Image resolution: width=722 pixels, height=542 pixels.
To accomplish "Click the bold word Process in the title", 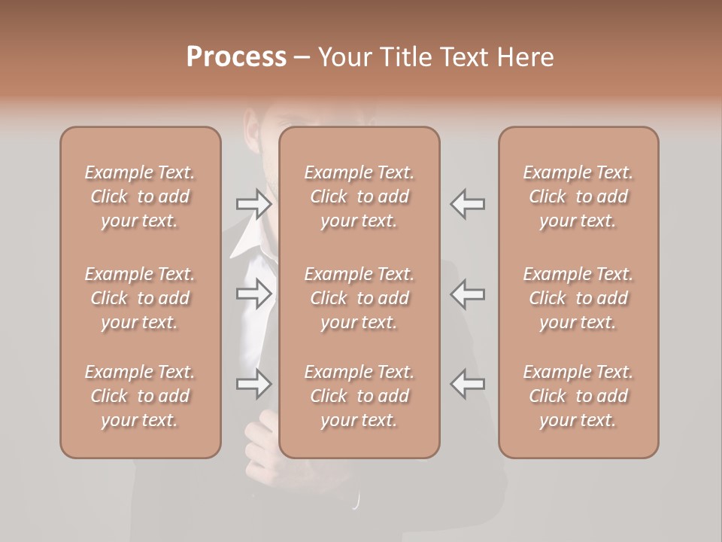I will [x=236, y=57].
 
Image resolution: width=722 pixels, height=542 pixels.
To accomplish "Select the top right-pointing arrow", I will [x=253, y=204].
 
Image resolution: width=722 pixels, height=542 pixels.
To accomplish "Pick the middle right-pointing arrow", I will [x=253, y=294].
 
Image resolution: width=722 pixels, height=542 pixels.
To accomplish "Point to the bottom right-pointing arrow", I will [x=253, y=383].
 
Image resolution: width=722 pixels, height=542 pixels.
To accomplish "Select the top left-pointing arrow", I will [x=467, y=204].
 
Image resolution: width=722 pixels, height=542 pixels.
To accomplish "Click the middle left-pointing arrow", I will [x=467, y=294].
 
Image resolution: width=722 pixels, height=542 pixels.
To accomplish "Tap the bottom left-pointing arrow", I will [x=467, y=383].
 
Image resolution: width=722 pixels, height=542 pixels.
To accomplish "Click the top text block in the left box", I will [x=140, y=196].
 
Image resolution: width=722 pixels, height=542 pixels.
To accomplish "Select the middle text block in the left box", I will [x=140, y=298].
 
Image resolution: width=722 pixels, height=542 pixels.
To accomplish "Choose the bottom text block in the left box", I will [x=140, y=396].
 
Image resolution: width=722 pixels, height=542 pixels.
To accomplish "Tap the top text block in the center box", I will [x=359, y=196].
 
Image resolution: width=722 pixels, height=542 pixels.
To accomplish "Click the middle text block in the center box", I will [x=359, y=298].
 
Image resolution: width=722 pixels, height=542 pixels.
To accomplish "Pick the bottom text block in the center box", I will [x=359, y=396].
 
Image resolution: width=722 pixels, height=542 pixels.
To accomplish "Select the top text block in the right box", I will [x=578, y=196].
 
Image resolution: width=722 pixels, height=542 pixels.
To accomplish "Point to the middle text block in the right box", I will [x=578, y=298].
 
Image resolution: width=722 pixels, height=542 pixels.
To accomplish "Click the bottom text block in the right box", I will [x=578, y=396].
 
